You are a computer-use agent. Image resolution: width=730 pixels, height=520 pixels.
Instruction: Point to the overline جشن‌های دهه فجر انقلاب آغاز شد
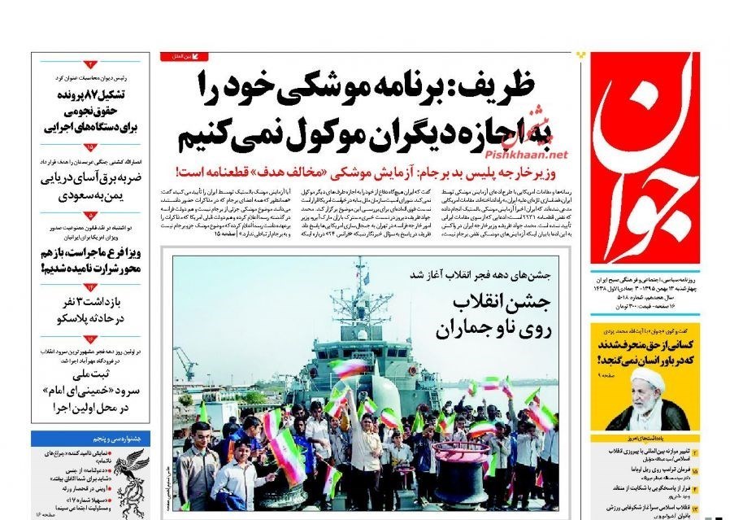[x=488, y=274]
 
